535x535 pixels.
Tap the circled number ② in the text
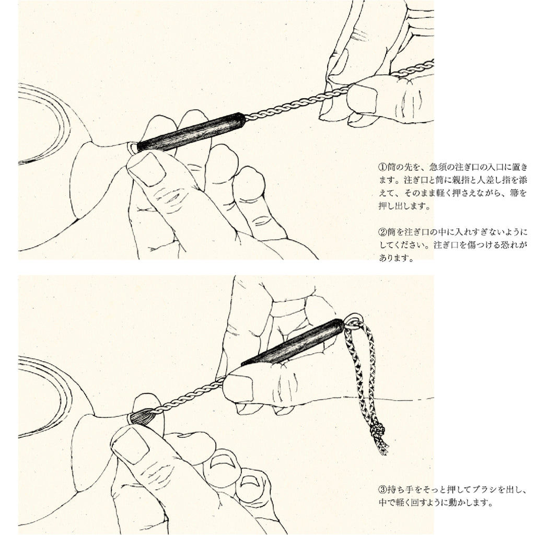pos(383,232)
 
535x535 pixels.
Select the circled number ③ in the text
pos(383,490)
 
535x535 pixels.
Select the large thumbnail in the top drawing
pos(148,169)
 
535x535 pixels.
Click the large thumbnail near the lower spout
pos(131,445)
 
